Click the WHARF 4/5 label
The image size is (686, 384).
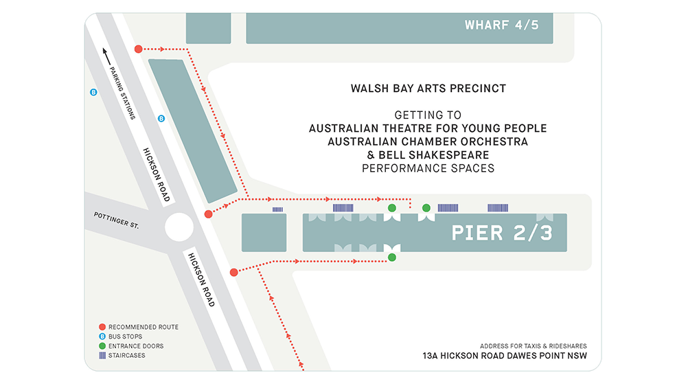click(501, 25)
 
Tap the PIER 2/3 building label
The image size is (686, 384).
click(501, 233)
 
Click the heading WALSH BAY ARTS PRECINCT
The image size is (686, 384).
click(428, 89)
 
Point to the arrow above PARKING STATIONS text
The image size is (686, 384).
click(106, 57)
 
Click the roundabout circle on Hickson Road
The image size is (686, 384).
click(179, 227)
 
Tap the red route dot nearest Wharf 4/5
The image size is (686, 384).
click(138, 49)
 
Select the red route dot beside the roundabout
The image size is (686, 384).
click(208, 214)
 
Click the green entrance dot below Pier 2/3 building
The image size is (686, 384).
click(392, 258)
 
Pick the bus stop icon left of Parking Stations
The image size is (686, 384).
click(93, 91)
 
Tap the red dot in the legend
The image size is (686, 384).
click(102, 327)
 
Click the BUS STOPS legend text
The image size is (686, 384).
click(126, 337)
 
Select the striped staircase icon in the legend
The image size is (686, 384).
click(102, 356)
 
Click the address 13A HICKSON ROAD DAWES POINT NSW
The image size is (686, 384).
click(505, 356)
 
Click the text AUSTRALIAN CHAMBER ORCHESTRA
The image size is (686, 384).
click(428, 142)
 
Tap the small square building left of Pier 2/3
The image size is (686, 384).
click(264, 232)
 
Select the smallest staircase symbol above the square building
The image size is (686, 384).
click(277, 209)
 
